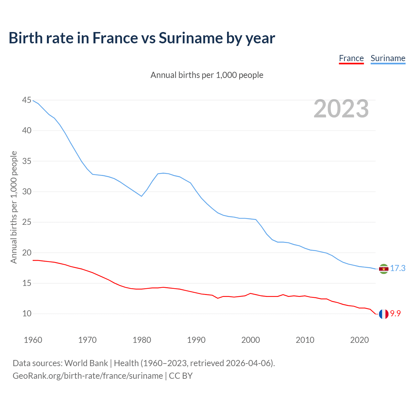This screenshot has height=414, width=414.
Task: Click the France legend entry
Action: pyautogui.click(x=351, y=59)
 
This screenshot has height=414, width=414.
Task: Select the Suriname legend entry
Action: pyautogui.click(x=388, y=59)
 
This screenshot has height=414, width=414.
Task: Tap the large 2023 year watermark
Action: pyautogui.click(x=341, y=109)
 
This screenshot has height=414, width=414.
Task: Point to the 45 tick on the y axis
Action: pyautogui.click(x=27, y=100)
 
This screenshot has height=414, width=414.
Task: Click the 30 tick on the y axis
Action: pyautogui.click(x=27, y=192)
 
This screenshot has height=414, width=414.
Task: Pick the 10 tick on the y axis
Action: pyautogui.click(x=27, y=314)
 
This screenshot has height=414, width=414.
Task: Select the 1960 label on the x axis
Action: pyautogui.click(x=33, y=340)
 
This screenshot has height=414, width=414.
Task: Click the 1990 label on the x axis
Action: pyautogui.click(x=196, y=340)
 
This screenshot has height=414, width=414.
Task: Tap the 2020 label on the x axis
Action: pyautogui.click(x=359, y=340)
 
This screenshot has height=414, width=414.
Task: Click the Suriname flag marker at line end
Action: pyautogui.click(x=384, y=269)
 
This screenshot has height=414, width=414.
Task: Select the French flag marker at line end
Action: pyautogui.click(x=384, y=314)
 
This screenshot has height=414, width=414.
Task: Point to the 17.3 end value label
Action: pyautogui.click(x=398, y=268)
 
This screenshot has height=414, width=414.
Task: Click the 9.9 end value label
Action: pyautogui.click(x=395, y=313)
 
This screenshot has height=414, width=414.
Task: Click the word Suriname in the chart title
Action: pyautogui.click(x=191, y=38)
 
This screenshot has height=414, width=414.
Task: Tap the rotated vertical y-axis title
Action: pyautogui.click(x=14, y=207)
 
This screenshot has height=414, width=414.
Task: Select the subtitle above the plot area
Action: pyautogui.click(x=207, y=75)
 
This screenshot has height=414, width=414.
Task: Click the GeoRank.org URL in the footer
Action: pyautogui.click(x=88, y=376)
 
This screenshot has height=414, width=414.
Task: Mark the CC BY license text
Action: pyautogui.click(x=181, y=376)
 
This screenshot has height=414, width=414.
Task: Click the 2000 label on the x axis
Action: pyautogui.click(x=251, y=340)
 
